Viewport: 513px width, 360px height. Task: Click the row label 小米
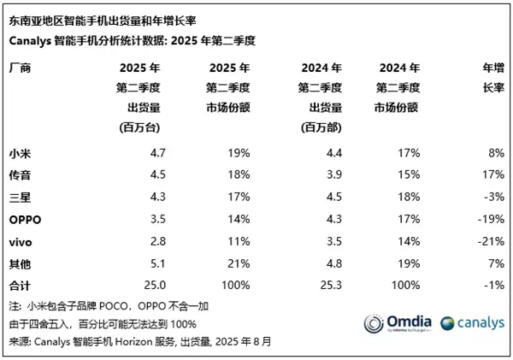pyautogui.click(x=21, y=153)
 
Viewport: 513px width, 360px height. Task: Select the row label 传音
pyautogui.click(x=21, y=175)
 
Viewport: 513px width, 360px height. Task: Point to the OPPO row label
pyautogui.click(x=26, y=220)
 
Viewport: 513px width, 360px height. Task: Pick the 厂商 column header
pyautogui.click(x=21, y=68)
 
